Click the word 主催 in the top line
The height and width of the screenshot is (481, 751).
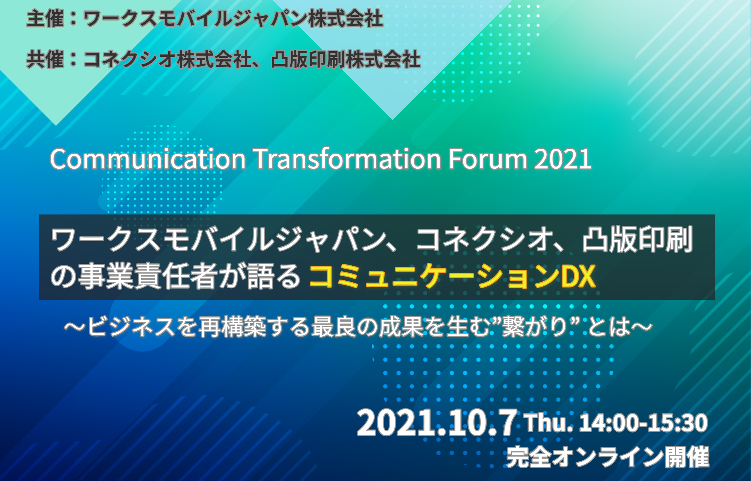(x=45, y=19)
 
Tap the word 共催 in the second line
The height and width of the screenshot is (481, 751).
(x=45, y=59)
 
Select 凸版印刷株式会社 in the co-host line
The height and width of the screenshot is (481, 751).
(x=345, y=59)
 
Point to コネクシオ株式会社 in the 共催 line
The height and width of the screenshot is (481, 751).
(x=167, y=59)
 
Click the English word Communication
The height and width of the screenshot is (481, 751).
(x=148, y=159)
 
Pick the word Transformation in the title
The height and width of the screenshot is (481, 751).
(x=348, y=159)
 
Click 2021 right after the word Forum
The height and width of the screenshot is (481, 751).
(x=563, y=159)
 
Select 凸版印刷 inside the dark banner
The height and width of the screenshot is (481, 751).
(x=637, y=239)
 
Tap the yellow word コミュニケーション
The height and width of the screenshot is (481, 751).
(x=434, y=276)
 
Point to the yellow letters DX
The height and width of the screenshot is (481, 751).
(x=578, y=276)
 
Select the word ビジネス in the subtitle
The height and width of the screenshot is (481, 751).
(x=131, y=326)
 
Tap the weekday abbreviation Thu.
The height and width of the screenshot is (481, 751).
(x=549, y=422)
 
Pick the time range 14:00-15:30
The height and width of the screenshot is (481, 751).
(x=643, y=422)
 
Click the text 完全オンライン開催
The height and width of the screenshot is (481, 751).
(x=608, y=457)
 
